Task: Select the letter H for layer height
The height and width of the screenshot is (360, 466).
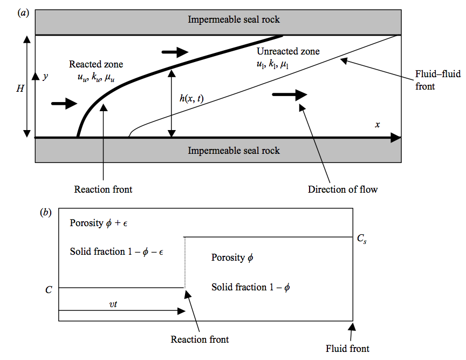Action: [x=20, y=88]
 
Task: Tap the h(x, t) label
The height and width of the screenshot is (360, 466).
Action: [x=191, y=98]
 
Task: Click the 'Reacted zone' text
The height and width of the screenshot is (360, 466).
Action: [x=96, y=64]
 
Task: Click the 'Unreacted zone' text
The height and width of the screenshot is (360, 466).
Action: [x=288, y=52]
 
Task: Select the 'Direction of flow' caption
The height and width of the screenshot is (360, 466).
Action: [x=342, y=189]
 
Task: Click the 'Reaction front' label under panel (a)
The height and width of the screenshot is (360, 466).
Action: [x=103, y=189]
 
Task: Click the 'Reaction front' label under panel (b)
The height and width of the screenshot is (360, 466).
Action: [x=200, y=339]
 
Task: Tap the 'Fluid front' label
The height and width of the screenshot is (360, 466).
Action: [x=347, y=348]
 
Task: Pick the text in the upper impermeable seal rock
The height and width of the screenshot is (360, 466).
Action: [x=234, y=20]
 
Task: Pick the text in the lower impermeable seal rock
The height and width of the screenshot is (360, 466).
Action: [x=234, y=151]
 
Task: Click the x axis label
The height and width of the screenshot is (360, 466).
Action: [x=378, y=125]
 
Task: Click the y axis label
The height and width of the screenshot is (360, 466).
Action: [x=46, y=77]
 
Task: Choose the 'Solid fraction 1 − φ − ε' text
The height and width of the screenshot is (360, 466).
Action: [x=120, y=252]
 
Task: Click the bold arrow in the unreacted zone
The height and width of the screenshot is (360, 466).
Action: [x=289, y=94]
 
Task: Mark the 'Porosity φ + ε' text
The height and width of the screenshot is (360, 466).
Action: [x=101, y=223]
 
